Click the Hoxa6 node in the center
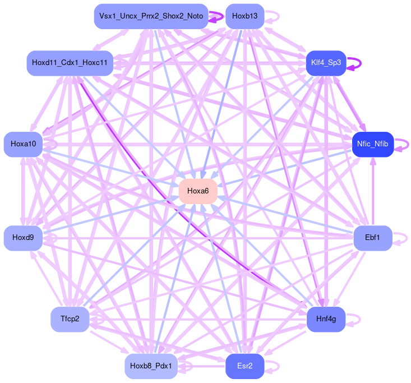click(198, 191)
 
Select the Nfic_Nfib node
click(372, 144)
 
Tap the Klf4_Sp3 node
click(326, 63)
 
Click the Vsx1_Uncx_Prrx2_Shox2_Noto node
click(151, 16)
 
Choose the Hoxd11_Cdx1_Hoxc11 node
click(70, 63)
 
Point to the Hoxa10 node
click(23, 144)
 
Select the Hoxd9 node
click(23, 238)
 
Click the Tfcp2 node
click(70, 319)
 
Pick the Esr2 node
click(244, 366)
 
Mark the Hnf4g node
click(326, 319)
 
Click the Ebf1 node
click(372, 238)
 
